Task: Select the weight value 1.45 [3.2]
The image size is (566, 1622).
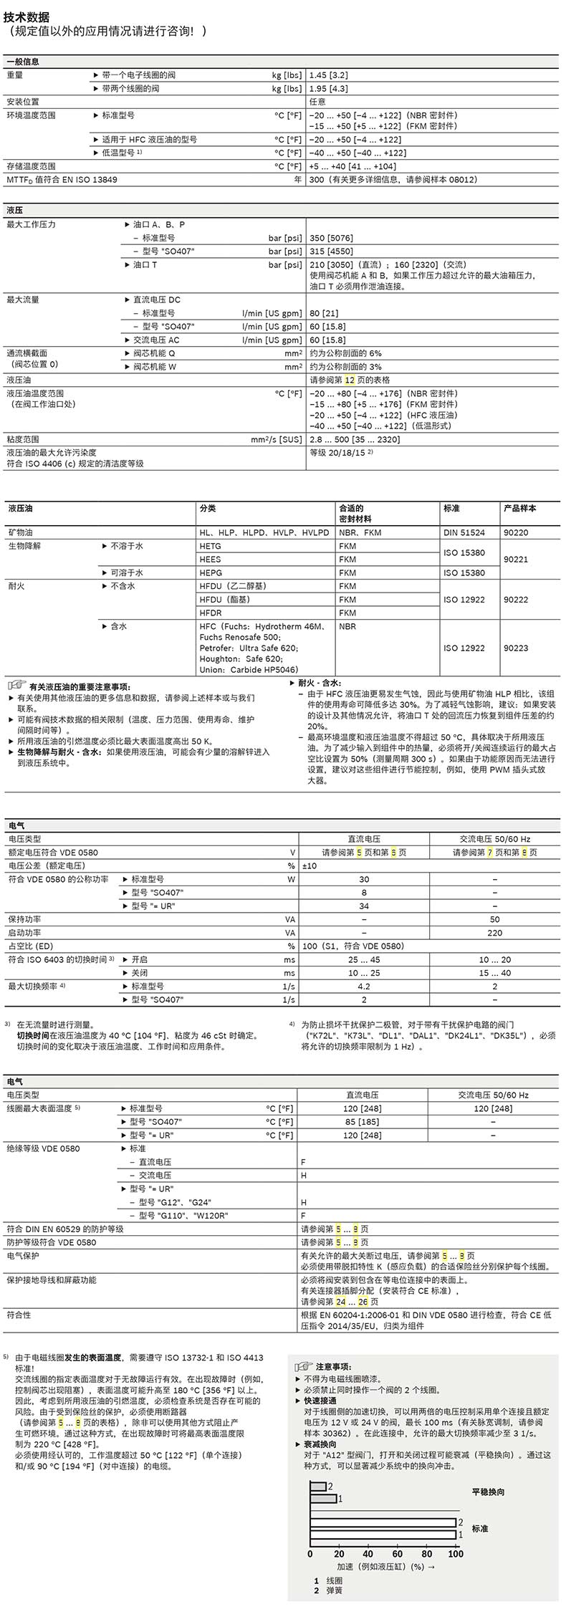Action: coord(328,75)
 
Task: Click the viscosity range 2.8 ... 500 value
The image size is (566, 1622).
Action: coord(355,439)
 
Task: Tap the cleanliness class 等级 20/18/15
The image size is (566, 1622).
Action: coord(340,453)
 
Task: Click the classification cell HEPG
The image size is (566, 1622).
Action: coord(211,572)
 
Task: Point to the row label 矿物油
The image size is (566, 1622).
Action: coord(21,532)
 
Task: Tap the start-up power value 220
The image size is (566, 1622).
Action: coord(494,933)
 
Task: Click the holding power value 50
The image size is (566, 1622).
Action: coord(494,919)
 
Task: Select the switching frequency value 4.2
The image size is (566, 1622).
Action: coord(364,987)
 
